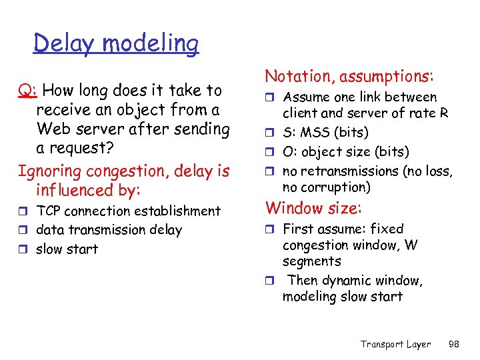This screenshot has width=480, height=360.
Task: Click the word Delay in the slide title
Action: point(61,43)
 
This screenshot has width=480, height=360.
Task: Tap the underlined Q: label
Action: point(26,90)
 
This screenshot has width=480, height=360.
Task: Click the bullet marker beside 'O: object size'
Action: point(271,153)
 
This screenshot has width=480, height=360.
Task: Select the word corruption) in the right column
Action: point(337,187)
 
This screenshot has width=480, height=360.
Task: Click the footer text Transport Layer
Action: point(395,344)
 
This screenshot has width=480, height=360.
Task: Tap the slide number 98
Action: point(453,344)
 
